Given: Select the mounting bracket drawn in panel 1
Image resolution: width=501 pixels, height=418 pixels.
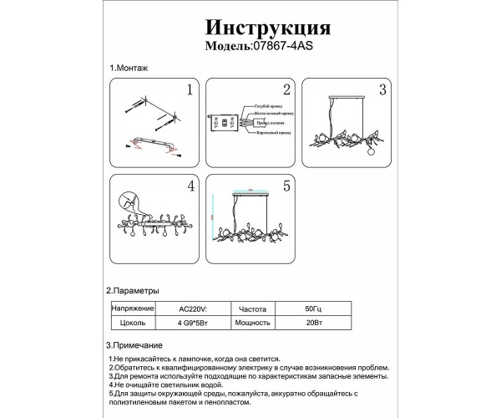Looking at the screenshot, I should (155, 147).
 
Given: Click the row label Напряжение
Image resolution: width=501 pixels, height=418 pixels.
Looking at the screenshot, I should (129, 308).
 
